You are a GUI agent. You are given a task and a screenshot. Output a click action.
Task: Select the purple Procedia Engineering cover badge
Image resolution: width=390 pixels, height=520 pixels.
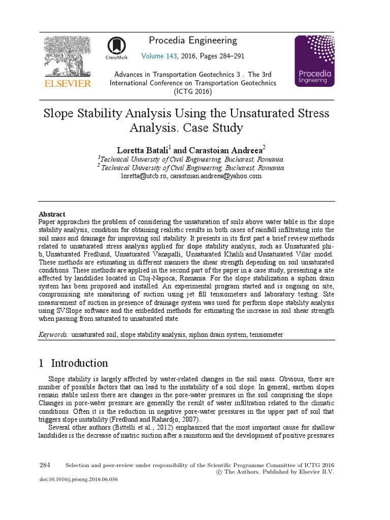click(314, 61)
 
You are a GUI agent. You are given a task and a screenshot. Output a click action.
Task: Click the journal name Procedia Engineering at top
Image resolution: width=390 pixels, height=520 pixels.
click(193, 41)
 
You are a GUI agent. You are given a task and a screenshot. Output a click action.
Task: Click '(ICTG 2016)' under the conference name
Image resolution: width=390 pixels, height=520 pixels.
click(192, 91)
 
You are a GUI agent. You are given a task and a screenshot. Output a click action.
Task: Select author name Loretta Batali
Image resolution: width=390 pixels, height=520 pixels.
click(143, 150)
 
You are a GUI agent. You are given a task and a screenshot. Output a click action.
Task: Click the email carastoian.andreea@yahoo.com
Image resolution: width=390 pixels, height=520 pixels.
click(216, 176)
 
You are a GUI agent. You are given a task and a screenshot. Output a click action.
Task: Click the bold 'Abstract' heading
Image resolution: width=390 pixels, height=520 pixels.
click(52, 214)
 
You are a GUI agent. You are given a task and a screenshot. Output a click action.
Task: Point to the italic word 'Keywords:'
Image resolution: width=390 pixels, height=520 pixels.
click(54, 335)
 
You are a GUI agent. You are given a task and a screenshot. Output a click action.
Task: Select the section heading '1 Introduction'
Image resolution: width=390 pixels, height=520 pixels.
click(74, 363)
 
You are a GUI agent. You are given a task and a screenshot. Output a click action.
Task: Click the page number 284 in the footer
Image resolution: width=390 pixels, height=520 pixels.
click(45, 465)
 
